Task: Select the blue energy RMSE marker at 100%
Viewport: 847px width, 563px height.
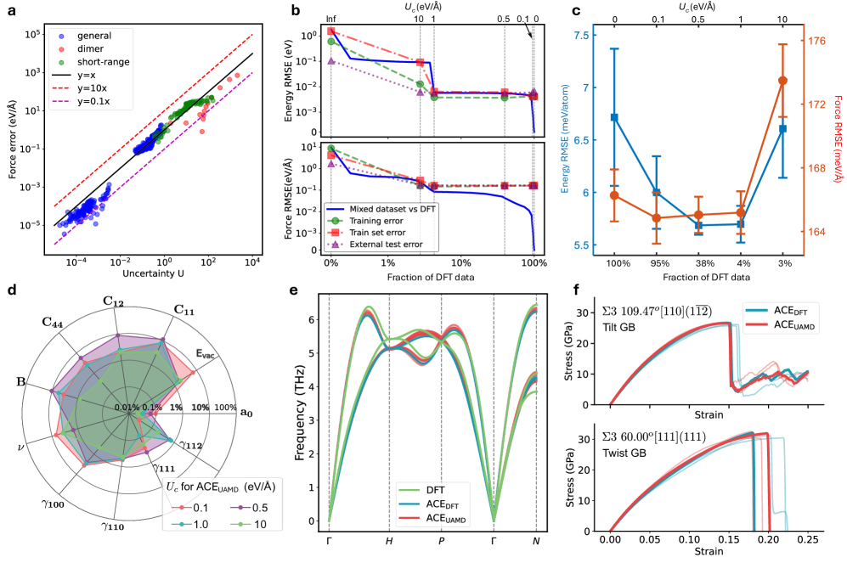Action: tap(615, 118)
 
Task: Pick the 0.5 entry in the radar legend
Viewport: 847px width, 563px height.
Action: tap(250, 506)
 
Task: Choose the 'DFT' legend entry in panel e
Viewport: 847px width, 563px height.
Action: tap(436, 489)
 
